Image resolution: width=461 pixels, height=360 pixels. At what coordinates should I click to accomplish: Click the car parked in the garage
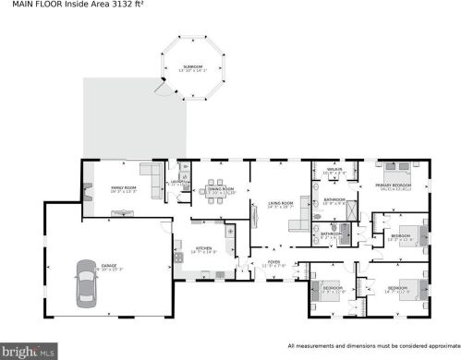click(84, 287)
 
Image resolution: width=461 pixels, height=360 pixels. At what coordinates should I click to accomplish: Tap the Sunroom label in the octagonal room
click(192, 67)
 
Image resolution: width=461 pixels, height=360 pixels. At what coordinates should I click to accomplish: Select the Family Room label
click(124, 188)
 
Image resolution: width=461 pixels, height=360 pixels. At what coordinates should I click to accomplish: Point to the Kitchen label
click(202, 248)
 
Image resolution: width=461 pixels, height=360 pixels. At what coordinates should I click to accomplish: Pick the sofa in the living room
click(258, 216)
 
